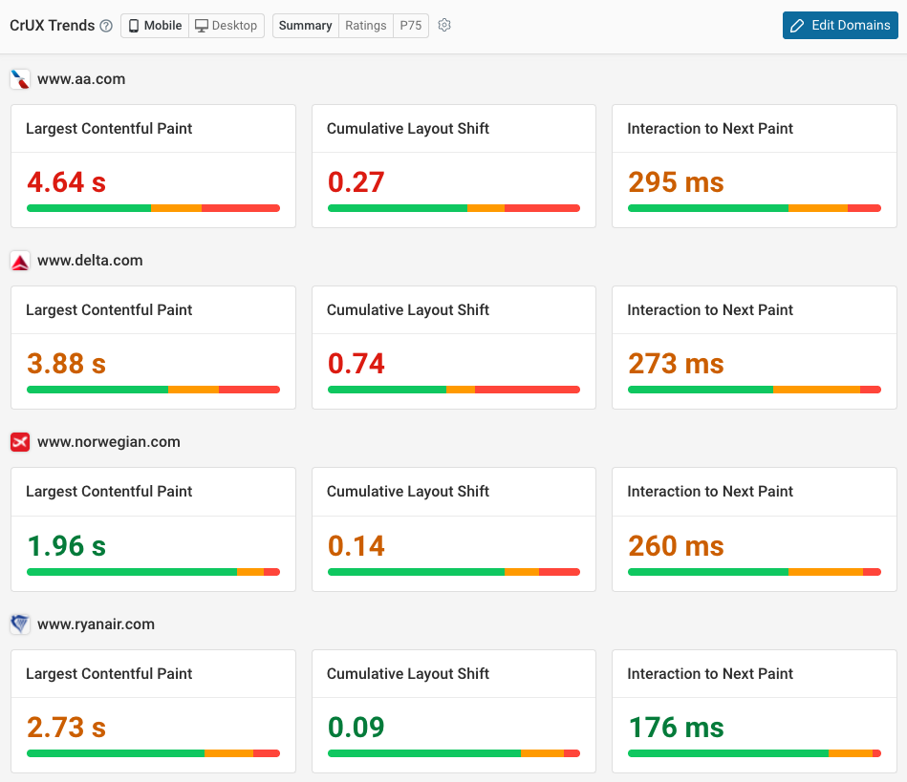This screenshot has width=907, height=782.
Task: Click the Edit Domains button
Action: pos(840,26)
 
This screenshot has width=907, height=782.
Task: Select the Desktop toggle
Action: pos(227,26)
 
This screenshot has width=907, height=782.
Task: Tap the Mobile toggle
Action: pos(155,26)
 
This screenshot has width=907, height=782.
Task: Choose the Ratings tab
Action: pos(365,26)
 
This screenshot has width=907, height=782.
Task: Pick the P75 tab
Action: pos(411,26)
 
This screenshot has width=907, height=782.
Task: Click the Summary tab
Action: pos(305,26)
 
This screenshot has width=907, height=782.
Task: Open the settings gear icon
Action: pos(444,26)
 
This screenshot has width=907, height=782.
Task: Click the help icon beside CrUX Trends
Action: pos(105,26)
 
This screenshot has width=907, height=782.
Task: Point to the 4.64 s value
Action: pos(66,181)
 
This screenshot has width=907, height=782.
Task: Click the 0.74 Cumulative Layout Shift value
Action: pos(356,364)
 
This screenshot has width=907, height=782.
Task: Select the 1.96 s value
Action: pos(66,546)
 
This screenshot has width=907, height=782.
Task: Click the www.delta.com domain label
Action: pos(90,261)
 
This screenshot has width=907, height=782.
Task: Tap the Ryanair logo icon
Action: pos(20,624)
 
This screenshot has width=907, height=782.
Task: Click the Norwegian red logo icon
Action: pos(20,442)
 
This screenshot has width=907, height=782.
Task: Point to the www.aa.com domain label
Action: pos(81,79)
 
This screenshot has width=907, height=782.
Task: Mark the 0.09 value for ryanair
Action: pos(356,728)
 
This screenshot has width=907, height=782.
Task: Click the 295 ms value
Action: pos(676,181)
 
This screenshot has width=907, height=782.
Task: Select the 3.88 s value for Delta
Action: pos(66,364)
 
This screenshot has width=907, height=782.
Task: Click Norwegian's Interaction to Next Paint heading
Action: pos(710,492)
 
